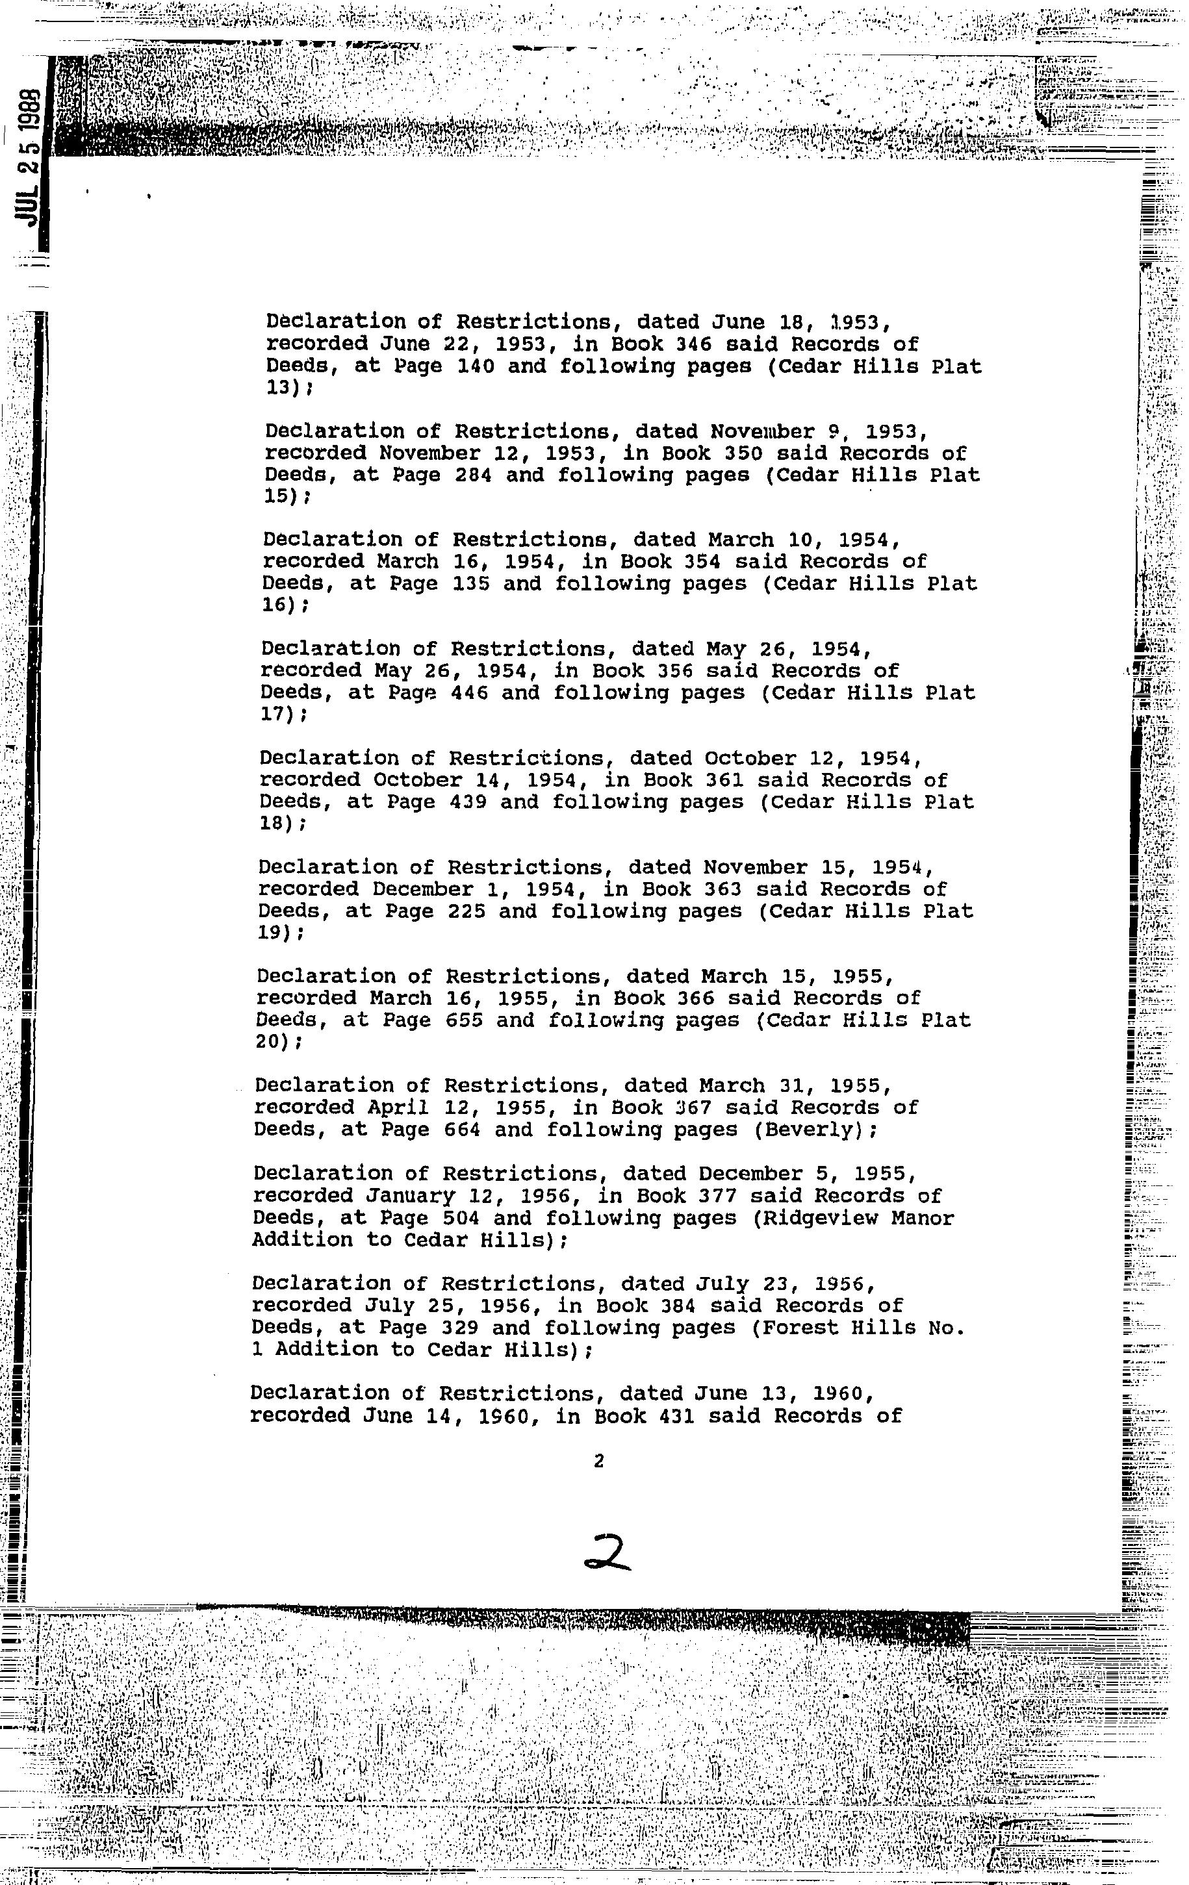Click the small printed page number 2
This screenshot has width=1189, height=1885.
(x=599, y=1461)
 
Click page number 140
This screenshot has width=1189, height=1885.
(x=475, y=366)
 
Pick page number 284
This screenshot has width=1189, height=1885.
(x=473, y=475)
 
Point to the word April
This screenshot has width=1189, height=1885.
(x=398, y=1107)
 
